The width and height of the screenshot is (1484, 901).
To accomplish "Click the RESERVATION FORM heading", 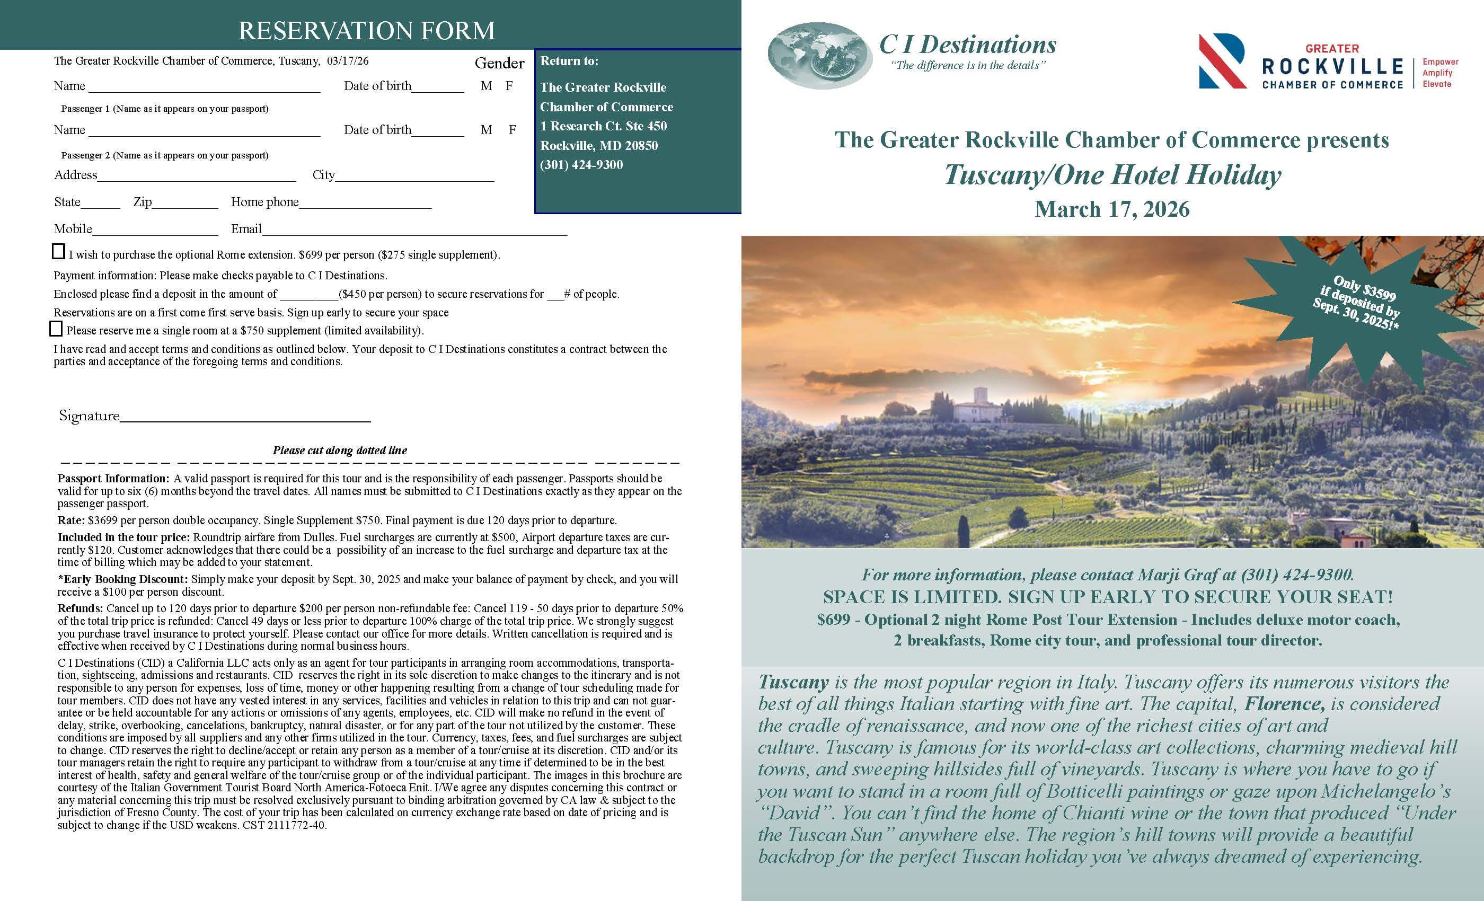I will tap(366, 30).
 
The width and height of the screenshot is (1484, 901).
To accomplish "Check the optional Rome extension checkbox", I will tap(58, 251).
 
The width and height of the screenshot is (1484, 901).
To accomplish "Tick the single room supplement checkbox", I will tap(56, 328).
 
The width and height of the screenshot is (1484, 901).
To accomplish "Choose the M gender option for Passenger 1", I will tap(486, 86).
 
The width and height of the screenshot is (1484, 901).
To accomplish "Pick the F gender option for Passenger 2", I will tap(512, 130).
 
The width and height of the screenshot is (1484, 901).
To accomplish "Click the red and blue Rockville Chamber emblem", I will tap(1222, 61).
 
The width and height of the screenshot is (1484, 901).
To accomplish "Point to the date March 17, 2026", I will tap(1112, 209).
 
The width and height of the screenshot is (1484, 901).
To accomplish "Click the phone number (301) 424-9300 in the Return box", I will tap(581, 165).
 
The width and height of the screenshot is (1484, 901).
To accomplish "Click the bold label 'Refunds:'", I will tap(80, 608).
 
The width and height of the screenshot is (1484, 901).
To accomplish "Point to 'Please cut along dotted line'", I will tap(340, 450).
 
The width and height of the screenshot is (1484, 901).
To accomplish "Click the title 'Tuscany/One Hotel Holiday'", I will tap(1112, 175).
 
